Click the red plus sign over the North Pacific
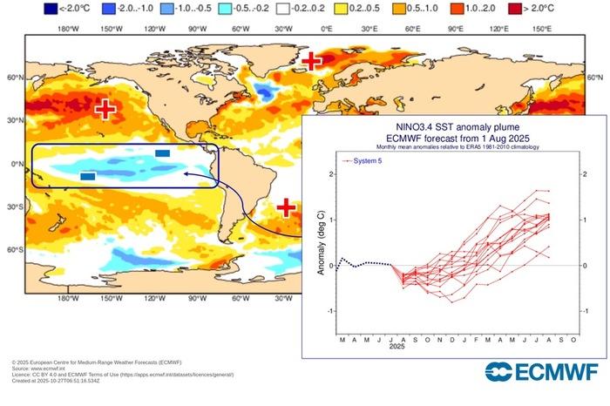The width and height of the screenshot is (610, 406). [105, 109]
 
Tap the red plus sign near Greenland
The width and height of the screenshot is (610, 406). [310, 61]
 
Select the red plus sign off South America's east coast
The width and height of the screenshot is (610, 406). [286, 207]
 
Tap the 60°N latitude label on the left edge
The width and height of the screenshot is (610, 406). [13, 78]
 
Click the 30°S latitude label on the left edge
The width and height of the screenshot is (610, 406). [13, 207]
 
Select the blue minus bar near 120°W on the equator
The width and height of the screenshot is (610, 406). [162, 152]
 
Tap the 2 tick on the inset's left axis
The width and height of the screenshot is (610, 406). [329, 174]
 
